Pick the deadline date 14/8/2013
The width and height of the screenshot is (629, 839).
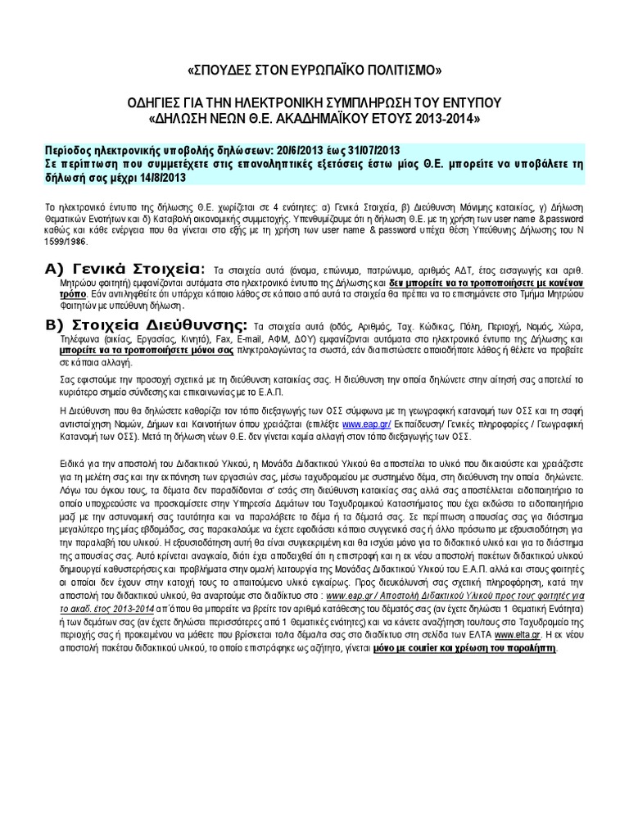pos(162,177)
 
